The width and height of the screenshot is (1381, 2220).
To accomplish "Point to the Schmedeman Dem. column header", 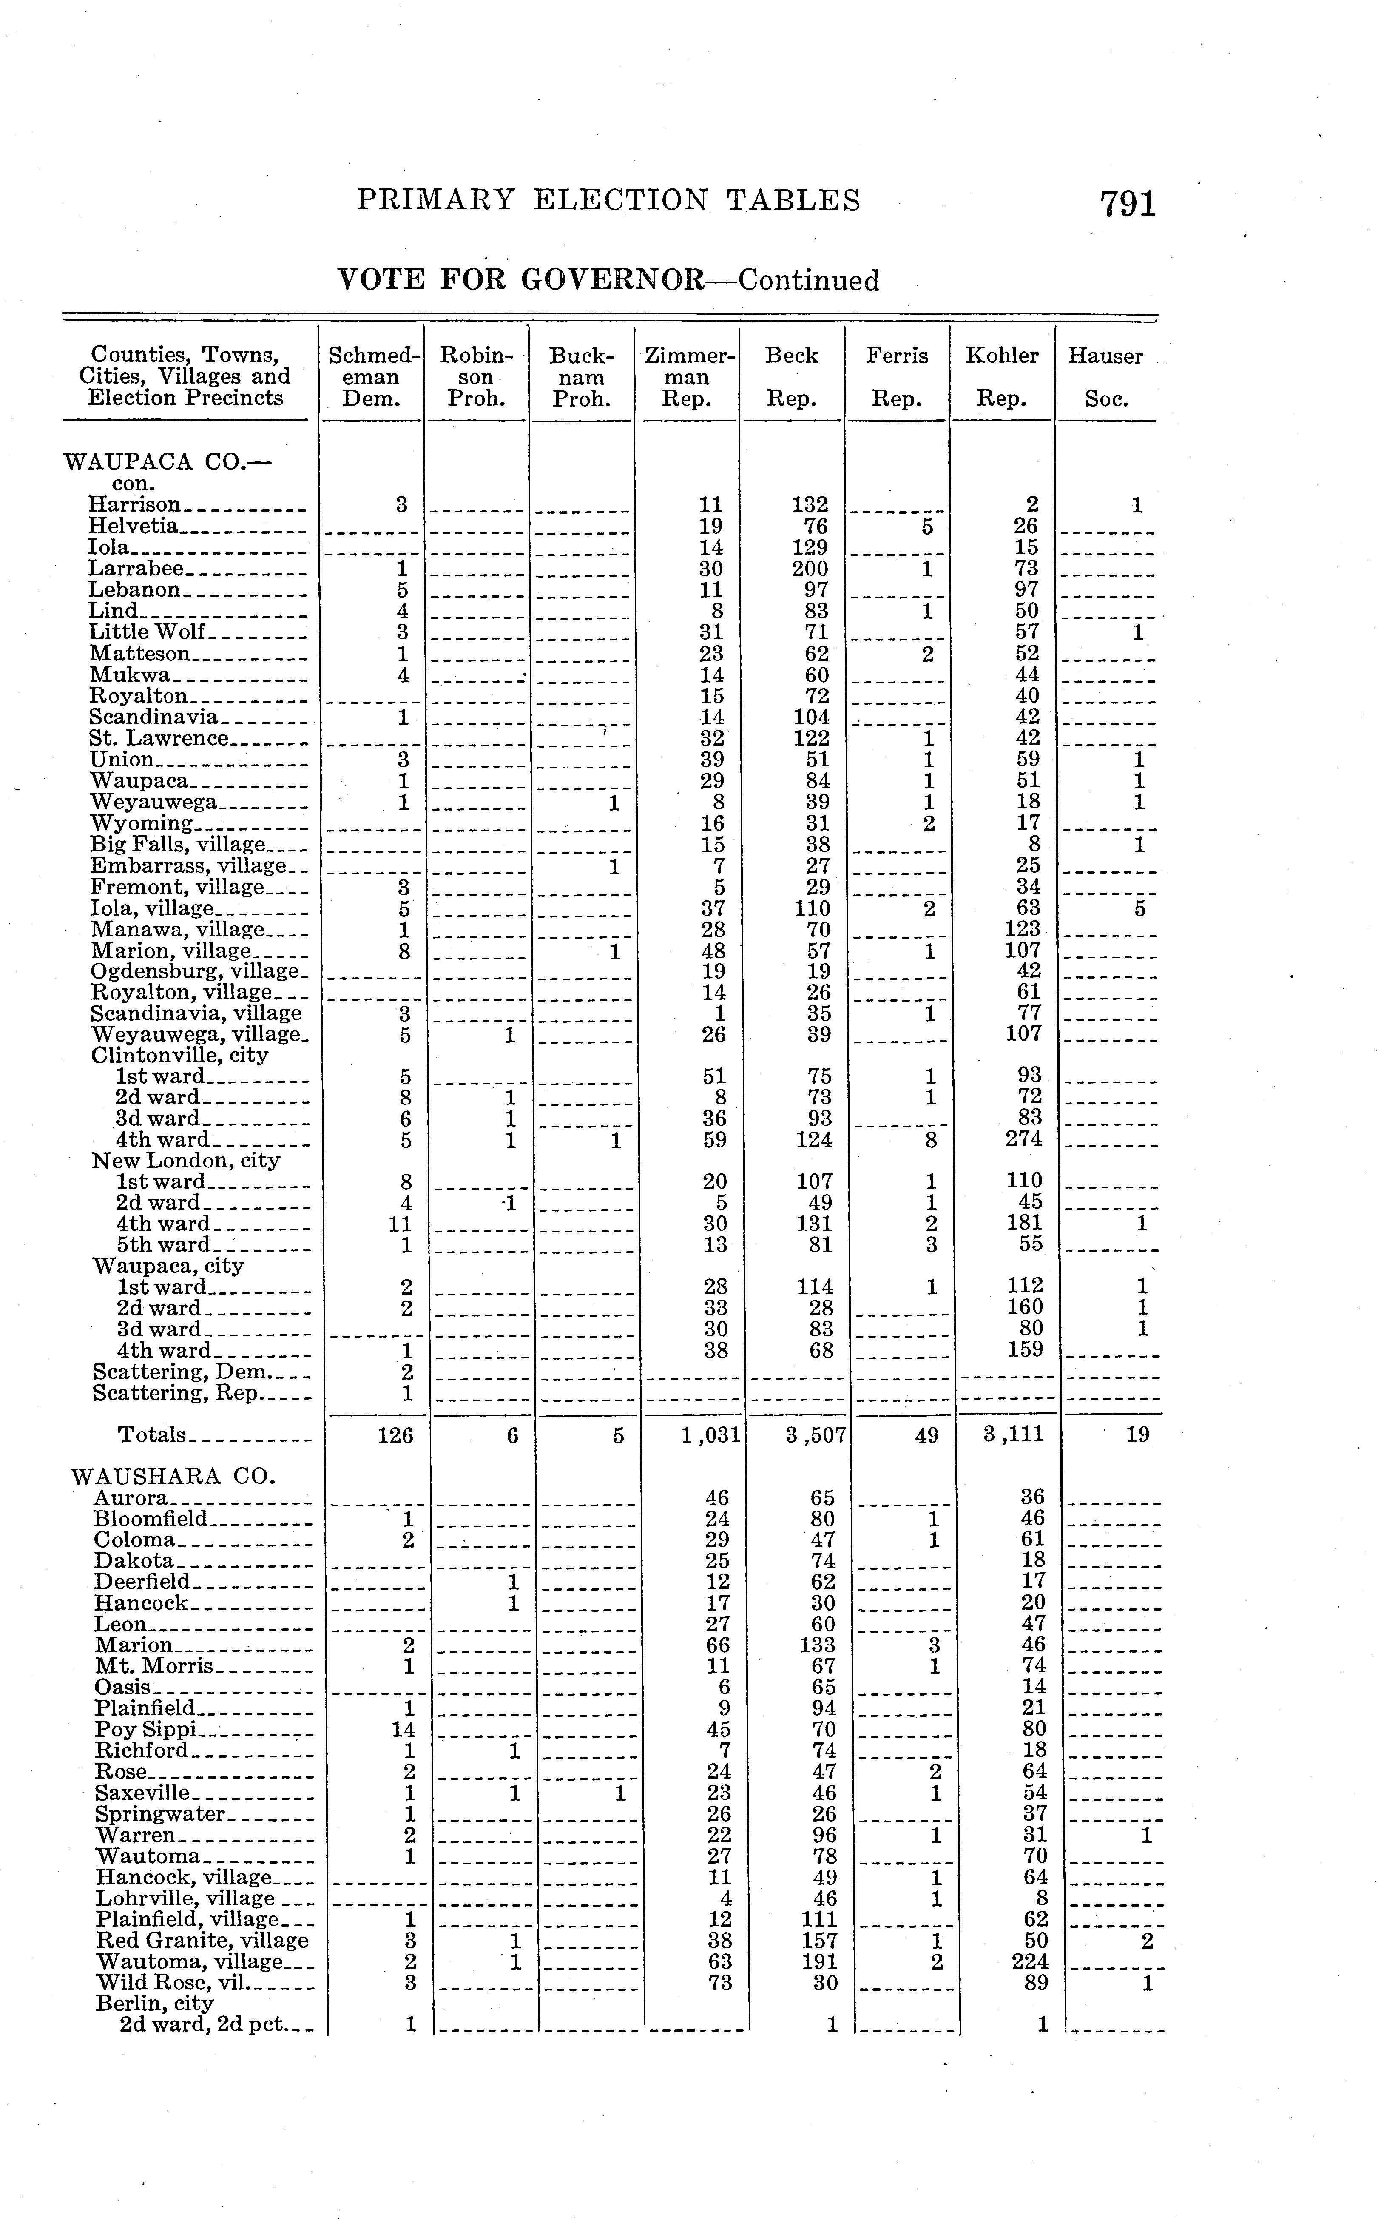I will tap(375, 376).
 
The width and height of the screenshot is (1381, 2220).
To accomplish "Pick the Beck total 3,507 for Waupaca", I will tap(816, 1435).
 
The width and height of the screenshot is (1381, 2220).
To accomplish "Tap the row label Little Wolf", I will tap(147, 632).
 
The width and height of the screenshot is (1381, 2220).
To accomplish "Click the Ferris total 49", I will tap(926, 1435).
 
